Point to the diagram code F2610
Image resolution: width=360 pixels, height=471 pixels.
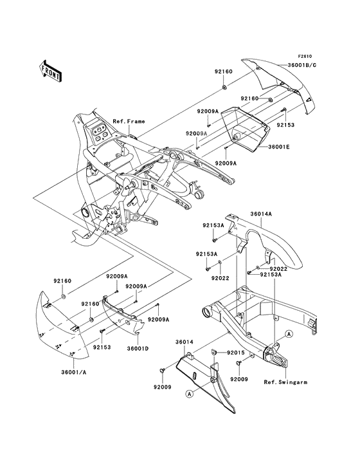306,56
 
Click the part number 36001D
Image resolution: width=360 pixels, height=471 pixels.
138,349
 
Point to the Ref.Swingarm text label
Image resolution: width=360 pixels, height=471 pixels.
285,382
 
